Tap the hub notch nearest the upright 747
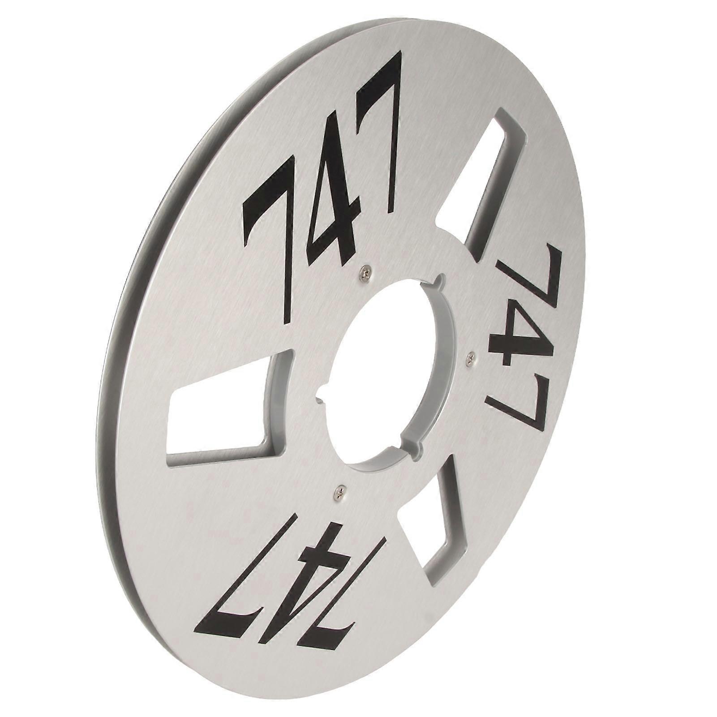(x=439, y=282)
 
